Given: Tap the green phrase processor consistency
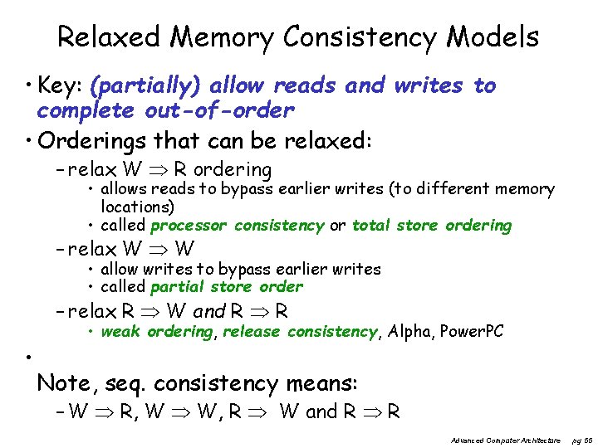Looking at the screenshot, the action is point(238,226).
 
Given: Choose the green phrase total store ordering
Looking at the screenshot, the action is point(432,226).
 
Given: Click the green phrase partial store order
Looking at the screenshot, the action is point(227,287).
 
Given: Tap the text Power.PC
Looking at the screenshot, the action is point(473,332).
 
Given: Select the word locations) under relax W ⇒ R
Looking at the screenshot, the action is point(137,207).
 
